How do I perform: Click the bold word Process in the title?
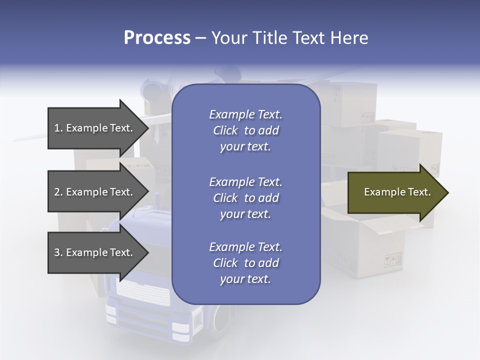157,37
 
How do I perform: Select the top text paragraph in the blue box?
245,130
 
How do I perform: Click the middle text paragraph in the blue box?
245,198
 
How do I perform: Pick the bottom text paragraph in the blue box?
245,263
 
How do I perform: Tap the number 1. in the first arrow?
58,128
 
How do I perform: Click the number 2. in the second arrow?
58,192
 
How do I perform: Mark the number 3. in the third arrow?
58,252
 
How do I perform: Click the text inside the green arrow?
397,192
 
